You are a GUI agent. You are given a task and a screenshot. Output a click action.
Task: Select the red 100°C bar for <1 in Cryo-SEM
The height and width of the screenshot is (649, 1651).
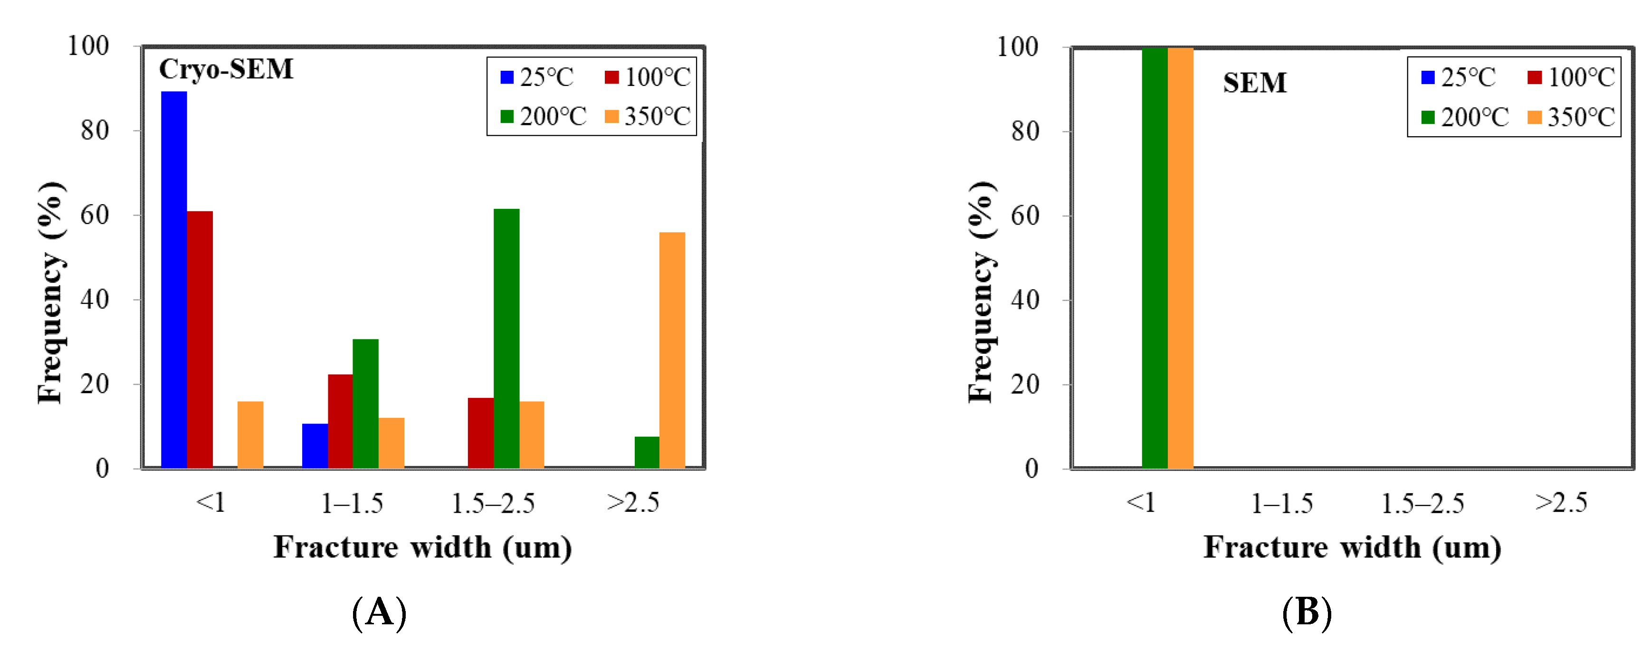click(x=200, y=339)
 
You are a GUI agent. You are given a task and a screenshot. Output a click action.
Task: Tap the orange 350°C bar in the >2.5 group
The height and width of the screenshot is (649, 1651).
click(x=672, y=350)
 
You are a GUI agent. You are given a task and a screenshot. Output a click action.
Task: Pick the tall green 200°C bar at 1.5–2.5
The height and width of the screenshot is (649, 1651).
click(x=506, y=339)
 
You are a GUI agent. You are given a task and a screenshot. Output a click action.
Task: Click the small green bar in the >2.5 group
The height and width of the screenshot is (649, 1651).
click(x=647, y=452)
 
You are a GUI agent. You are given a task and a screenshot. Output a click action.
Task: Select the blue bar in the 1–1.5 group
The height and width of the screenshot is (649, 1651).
click(x=315, y=446)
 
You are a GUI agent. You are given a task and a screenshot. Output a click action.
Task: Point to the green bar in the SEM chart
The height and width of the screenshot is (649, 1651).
click(x=1155, y=257)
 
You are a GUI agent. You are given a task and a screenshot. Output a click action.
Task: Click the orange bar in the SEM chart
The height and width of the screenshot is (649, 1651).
click(x=1180, y=257)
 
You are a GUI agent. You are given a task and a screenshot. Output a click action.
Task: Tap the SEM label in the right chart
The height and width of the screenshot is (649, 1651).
click(x=1254, y=83)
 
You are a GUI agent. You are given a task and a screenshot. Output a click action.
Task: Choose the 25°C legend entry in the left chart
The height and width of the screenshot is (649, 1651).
click(x=537, y=77)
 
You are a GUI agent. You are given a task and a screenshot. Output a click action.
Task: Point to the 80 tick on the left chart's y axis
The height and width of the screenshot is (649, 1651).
click(x=95, y=131)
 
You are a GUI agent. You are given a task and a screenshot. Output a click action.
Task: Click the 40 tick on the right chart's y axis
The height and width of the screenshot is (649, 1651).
click(x=1025, y=300)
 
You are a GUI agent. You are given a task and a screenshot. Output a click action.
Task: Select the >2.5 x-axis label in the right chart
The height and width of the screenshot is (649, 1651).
click(x=1561, y=503)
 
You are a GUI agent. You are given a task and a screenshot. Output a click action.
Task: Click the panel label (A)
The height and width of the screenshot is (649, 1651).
click(x=380, y=612)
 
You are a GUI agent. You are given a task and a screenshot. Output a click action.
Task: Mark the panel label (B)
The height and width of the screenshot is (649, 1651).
click(x=1307, y=612)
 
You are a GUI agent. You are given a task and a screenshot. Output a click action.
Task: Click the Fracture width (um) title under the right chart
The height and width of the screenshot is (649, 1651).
click(x=1352, y=548)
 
